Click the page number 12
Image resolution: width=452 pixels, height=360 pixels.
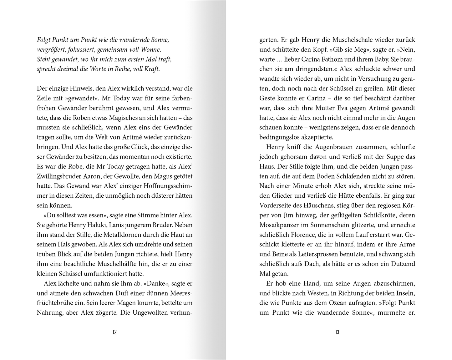tap(114, 332)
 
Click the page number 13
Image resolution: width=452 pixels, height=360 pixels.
tap(337, 332)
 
